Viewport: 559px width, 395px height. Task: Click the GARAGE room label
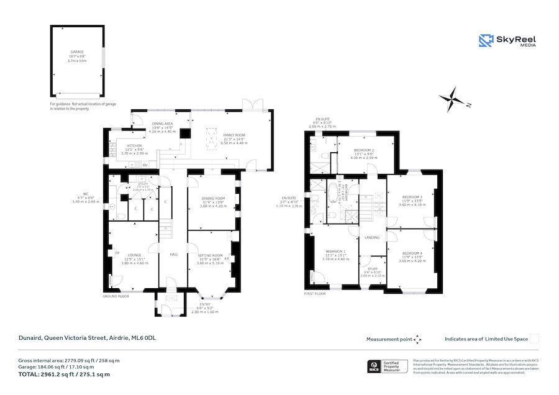(77, 52)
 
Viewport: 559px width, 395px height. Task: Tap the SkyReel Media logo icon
(486, 40)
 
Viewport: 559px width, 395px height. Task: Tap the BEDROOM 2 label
(363, 151)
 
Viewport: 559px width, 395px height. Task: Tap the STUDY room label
(373, 269)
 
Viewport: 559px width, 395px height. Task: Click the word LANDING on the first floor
(372, 237)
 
